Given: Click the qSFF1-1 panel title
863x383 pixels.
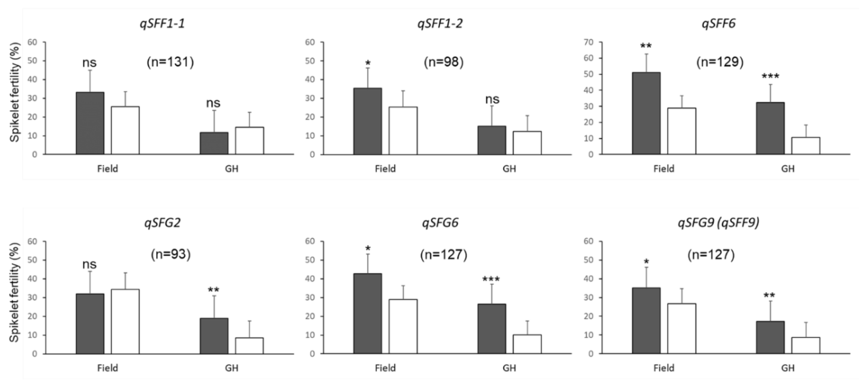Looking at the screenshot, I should point(162,24).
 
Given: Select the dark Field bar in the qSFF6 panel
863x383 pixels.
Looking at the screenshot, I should point(646,113).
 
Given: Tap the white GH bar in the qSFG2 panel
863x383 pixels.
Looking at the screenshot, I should point(249,346).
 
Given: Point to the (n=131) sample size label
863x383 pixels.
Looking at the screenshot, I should point(170,62).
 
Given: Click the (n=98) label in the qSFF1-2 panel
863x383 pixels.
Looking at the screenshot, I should point(444,62).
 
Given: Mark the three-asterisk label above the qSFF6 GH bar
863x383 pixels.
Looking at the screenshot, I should point(770,76).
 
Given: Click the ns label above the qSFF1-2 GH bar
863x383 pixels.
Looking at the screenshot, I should point(492,99).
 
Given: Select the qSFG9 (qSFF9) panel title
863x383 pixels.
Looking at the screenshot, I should point(719,223).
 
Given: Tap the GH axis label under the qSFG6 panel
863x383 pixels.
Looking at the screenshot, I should point(509,368).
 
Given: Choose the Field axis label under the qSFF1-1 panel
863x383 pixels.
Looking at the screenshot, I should point(108,169).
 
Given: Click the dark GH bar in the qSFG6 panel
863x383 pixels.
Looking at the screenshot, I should point(492,329).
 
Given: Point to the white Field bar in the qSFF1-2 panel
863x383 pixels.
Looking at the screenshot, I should point(403,131).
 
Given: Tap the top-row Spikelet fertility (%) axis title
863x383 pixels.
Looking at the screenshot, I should point(15,92).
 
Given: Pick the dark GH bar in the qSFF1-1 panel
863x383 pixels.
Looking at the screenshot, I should point(214,143).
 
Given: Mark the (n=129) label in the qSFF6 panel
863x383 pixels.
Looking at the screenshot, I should point(720,62).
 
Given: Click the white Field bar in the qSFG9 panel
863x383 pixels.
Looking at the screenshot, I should point(681,328).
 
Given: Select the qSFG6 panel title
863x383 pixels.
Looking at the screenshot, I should point(440,223).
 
